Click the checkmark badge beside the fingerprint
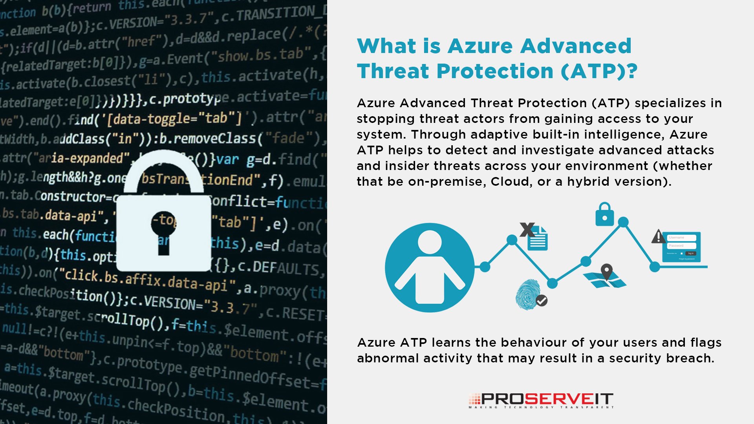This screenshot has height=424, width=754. (x=542, y=301)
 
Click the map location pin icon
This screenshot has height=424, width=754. (x=607, y=271)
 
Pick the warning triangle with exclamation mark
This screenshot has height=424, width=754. (x=658, y=237)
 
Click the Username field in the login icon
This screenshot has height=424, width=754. (x=681, y=238)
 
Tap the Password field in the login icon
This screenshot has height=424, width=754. (x=681, y=246)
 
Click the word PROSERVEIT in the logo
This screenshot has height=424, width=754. (x=547, y=399)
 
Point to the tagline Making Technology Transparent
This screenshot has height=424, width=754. (x=541, y=408)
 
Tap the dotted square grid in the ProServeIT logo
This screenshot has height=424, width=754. (x=474, y=399)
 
